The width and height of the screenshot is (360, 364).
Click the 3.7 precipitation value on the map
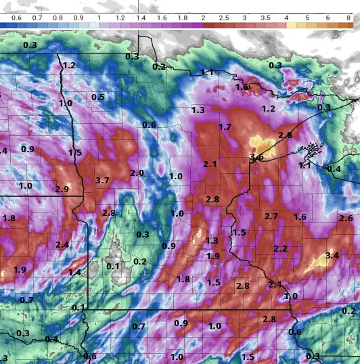(x=103, y=181)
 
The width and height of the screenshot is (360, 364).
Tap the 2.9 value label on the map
(x=62, y=189)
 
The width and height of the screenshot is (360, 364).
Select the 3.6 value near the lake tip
(x=256, y=158)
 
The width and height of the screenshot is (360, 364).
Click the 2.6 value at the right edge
(x=346, y=219)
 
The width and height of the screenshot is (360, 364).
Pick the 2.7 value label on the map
(x=271, y=217)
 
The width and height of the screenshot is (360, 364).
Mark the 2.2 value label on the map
(x=280, y=249)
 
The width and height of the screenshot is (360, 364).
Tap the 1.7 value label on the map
(x=225, y=127)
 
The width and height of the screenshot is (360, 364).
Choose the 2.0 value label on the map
(x=137, y=173)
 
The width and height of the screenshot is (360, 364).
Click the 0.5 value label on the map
(x=98, y=97)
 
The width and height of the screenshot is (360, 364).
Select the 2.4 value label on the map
(x=62, y=244)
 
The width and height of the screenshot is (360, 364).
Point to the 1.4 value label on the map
(x=74, y=272)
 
